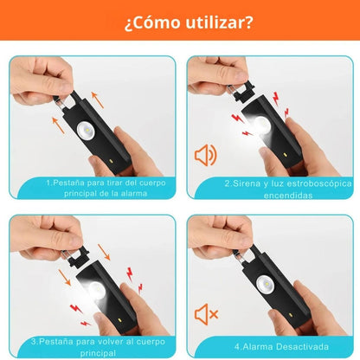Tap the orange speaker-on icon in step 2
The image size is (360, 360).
[205, 156]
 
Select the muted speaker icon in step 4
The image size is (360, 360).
[206, 314]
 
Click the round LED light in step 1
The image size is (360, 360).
[86, 132]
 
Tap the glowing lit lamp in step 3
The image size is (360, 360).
[96, 289]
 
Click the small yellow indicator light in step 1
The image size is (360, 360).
[110, 161]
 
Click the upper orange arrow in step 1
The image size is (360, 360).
[98, 100]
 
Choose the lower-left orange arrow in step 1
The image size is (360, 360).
[58, 125]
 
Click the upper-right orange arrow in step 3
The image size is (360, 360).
[104, 252]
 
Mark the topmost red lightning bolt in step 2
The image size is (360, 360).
[276, 99]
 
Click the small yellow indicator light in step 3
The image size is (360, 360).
[119, 320]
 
